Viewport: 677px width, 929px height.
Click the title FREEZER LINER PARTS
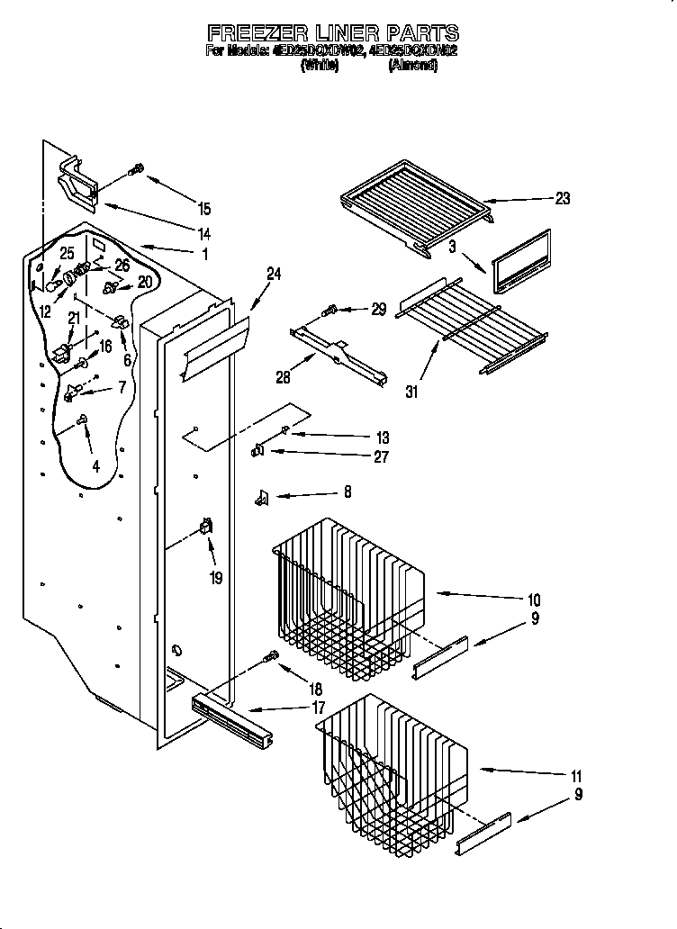pyautogui.click(x=332, y=34)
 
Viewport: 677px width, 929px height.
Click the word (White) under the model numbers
pyautogui.click(x=319, y=66)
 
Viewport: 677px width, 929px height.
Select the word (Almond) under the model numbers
pyautogui.click(x=412, y=66)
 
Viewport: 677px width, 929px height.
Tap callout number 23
pyautogui.click(x=562, y=199)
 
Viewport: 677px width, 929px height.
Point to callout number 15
pyautogui.click(x=204, y=209)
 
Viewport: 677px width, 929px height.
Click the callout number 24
pyautogui.click(x=274, y=275)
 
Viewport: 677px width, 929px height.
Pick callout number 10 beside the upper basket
pyautogui.click(x=534, y=600)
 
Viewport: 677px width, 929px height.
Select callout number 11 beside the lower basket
pyautogui.click(x=576, y=776)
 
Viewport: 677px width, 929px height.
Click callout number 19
pyautogui.click(x=215, y=578)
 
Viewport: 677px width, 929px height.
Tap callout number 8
pyautogui.click(x=348, y=492)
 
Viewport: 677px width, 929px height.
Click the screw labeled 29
pyautogui.click(x=329, y=311)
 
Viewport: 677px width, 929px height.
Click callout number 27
pyautogui.click(x=381, y=457)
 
